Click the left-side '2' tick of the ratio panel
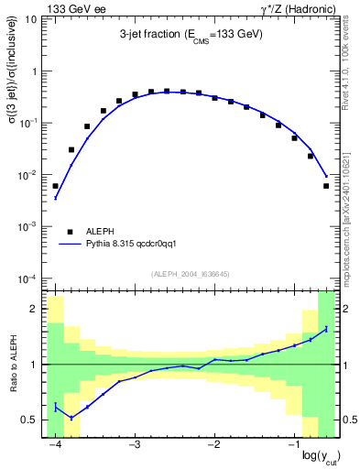click(x=35, y=310)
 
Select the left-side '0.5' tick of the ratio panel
click(x=31, y=420)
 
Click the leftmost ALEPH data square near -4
click(x=55, y=186)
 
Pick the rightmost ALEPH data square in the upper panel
click(x=326, y=186)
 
